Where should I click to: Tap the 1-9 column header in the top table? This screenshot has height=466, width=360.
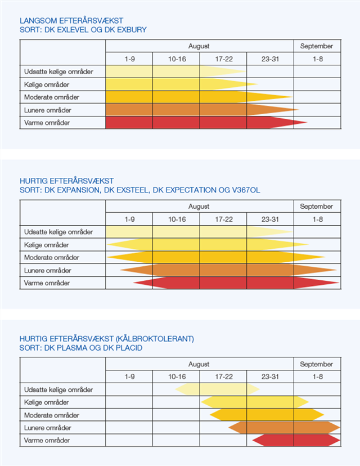tap(129, 59)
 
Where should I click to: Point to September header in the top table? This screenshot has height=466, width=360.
tap(316, 46)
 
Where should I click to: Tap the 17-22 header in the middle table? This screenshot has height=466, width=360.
tap(223, 219)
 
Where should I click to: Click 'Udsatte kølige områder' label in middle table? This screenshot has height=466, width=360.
tap(58, 231)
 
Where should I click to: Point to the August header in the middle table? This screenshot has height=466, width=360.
tap(199, 207)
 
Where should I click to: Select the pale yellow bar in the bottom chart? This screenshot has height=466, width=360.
tap(217, 389)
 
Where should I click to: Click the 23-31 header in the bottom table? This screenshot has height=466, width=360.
tap(270, 377)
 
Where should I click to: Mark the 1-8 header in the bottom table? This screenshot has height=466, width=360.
tap(317, 377)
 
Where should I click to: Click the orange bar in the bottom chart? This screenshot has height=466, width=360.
tap(284, 428)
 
